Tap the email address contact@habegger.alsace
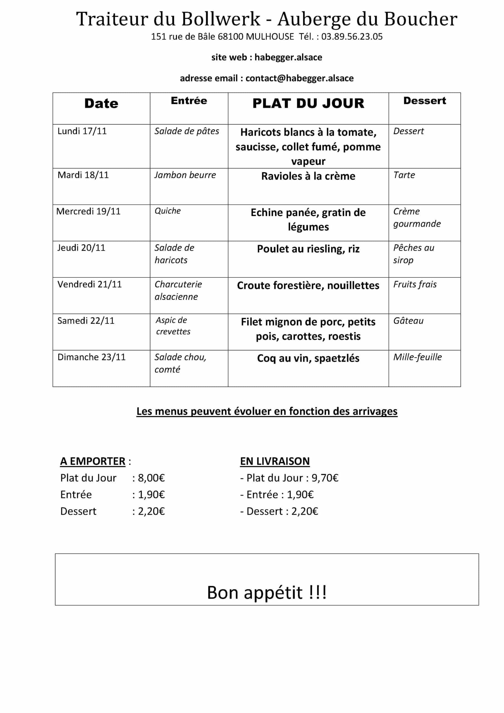(299, 78)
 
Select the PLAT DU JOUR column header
(308, 103)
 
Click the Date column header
(101, 103)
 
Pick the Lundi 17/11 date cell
(82, 131)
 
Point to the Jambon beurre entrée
(185, 175)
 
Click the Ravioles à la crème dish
(308, 176)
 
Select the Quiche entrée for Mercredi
(168, 211)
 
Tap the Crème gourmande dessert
(417, 217)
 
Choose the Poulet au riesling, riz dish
(308, 249)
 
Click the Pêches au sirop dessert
(413, 254)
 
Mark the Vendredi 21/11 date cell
(89, 284)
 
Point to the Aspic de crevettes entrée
(173, 326)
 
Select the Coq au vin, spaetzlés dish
(308, 358)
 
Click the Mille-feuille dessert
(417, 357)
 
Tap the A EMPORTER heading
(93, 461)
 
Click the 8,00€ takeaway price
(151, 478)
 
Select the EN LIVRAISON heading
(275, 461)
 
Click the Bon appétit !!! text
(267, 592)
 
